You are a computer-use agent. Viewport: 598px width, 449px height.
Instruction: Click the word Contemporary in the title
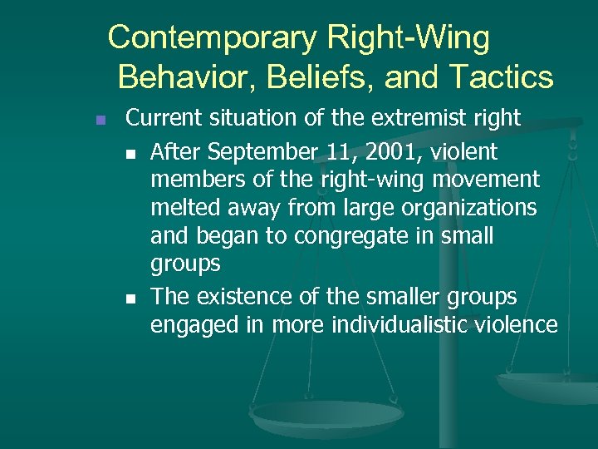coord(212,38)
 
